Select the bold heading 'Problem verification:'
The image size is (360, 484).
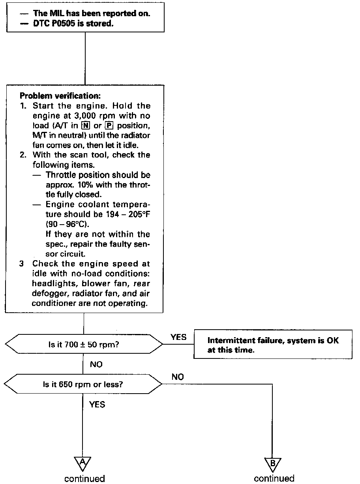(x=54, y=96)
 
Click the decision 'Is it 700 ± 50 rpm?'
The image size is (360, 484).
(x=83, y=344)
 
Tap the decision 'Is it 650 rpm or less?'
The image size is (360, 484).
(x=82, y=384)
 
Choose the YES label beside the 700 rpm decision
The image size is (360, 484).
(x=178, y=338)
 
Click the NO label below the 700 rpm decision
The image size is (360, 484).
(x=96, y=364)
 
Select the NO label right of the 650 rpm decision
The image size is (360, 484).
(x=178, y=377)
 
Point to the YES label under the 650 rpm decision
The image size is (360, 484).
(x=97, y=404)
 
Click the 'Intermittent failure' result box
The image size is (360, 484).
(x=273, y=344)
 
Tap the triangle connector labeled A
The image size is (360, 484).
(x=83, y=463)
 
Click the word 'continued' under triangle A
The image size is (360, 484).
(x=85, y=478)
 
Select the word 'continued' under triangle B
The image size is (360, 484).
(x=274, y=478)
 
